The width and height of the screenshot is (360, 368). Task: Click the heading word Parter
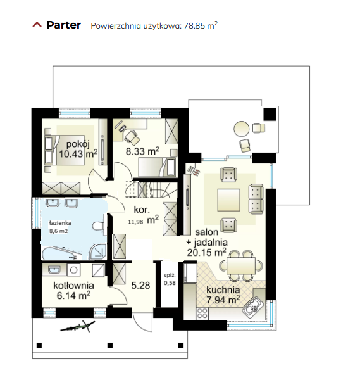pyautogui.click(x=64, y=25)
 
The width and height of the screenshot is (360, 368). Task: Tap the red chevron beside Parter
pyautogui.click(x=37, y=25)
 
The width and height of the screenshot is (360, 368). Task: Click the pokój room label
pyautogui.click(x=78, y=144)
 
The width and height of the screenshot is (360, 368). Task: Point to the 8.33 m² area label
pyautogui.click(x=142, y=151)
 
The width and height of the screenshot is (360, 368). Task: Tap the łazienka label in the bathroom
pyautogui.click(x=60, y=223)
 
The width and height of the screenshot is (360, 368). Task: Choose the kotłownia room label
pyautogui.click(x=73, y=286)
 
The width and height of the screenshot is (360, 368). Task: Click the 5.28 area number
pyautogui.click(x=140, y=286)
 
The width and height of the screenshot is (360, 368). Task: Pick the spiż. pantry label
pyautogui.click(x=170, y=276)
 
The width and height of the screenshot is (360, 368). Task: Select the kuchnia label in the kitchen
pyautogui.click(x=223, y=290)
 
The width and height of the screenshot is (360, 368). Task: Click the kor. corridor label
pyautogui.click(x=142, y=210)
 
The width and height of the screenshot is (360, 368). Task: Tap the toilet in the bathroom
pyautogui.click(x=98, y=226)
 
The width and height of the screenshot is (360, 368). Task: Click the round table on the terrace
pyautogui.click(x=242, y=129)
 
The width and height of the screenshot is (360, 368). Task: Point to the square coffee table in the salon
pyautogui.click(x=229, y=200)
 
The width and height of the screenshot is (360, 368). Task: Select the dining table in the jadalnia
pyautogui.click(x=241, y=265)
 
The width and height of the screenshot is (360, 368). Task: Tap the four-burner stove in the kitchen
pyautogui.click(x=202, y=313)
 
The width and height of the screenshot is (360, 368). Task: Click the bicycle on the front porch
pyautogui.click(x=78, y=326)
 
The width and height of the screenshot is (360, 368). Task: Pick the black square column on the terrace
pyautogui.click(x=270, y=114)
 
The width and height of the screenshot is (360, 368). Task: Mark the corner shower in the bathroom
pyautogui.click(x=97, y=252)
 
